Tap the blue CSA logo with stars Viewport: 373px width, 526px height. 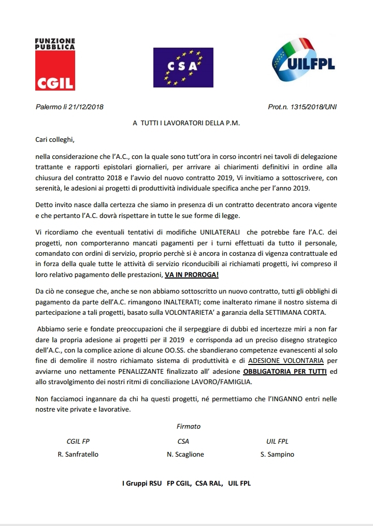(x=176, y=66)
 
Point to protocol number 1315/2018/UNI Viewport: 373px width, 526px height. (x=312, y=107)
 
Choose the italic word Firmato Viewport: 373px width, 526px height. (x=188, y=427)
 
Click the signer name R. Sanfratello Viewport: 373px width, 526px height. (x=78, y=454)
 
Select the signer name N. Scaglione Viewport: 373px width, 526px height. (x=185, y=454)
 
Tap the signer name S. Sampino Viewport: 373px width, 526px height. (x=277, y=454)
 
